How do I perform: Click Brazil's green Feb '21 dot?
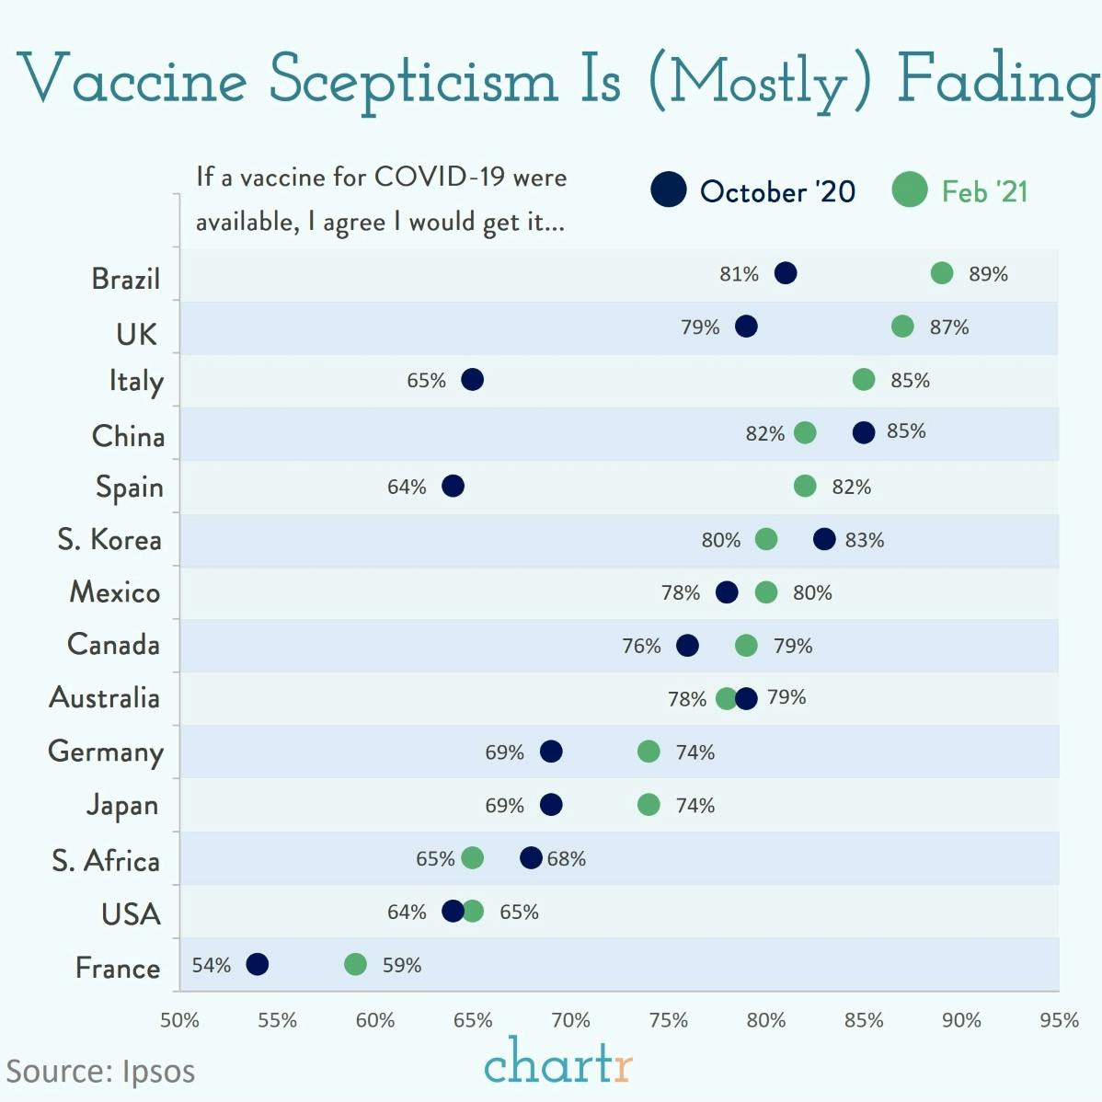(941, 273)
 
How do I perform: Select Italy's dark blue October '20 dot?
(472, 380)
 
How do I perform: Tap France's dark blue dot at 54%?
(258, 964)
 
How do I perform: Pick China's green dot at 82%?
(805, 432)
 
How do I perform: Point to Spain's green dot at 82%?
(805, 486)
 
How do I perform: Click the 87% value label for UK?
(948, 327)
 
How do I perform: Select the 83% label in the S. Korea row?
(865, 540)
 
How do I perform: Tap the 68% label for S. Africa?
(566, 859)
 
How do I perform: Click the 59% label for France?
(402, 966)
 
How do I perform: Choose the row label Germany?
(106, 752)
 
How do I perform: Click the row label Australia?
(105, 698)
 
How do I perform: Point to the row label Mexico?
(115, 592)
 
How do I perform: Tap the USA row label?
(131, 914)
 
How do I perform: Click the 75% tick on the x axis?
(668, 1020)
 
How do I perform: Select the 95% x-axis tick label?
(1059, 1020)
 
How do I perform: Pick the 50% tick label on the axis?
(179, 1020)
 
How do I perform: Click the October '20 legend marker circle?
(669, 189)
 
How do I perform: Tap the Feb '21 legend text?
(984, 191)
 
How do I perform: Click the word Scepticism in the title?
(414, 81)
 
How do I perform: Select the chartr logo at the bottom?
(557, 1062)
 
